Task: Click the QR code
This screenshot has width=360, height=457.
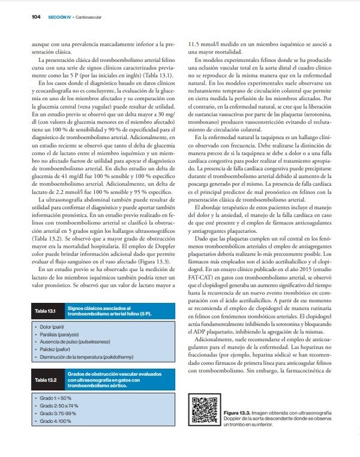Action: (x=203, y=411)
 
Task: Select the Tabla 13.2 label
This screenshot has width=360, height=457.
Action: (x=44, y=380)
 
